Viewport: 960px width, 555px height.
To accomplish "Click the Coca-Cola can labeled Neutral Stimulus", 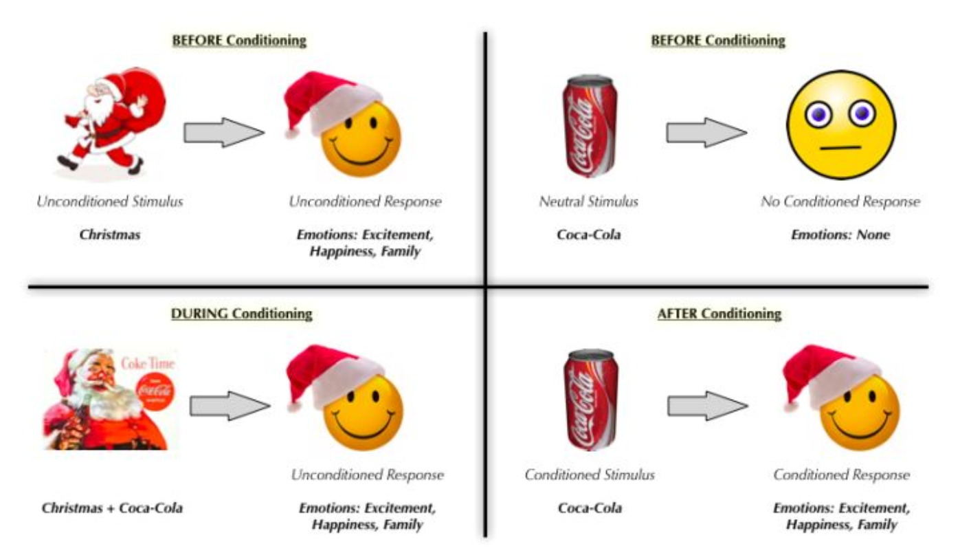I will pyautogui.click(x=589, y=127).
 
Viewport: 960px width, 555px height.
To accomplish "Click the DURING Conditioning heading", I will pyautogui.click(x=241, y=314).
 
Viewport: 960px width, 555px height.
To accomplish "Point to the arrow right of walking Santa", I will pyautogui.click(x=223, y=132).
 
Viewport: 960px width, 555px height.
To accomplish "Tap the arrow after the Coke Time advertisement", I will pyautogui.click(x=230, y=407).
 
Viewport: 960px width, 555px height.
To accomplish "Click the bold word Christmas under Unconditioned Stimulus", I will pyautogui.click(x=110, y=235).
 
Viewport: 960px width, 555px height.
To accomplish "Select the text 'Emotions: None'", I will pyautogui.click(x=840, y=235).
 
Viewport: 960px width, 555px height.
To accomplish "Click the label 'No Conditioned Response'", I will pyautogui.click(x=840, y=202).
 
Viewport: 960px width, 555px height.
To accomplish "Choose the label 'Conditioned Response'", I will pyautogui.click(x=841, y=475).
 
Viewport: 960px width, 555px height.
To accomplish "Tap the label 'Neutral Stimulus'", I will pyautogui.click(x=588, y=202).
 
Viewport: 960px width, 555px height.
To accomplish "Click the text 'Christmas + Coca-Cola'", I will pyautogui.click(x=113, y=509).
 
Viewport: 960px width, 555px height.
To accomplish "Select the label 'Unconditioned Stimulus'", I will pyautogui.click(x=111, y=202).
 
